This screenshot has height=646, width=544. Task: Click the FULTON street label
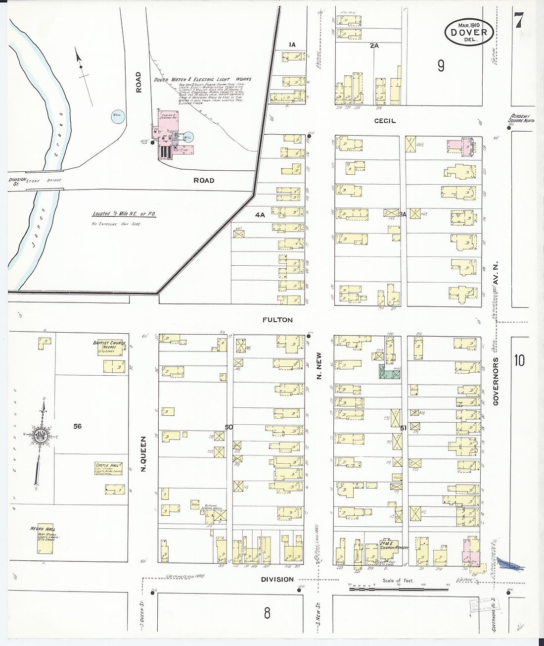(x=278, y=320)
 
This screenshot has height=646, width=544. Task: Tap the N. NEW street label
(x=319, y=367)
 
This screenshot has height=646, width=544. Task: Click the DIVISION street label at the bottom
(x=278, y=579)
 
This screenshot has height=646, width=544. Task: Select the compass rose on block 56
(x=40, y=436)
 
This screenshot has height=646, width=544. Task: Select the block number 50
(x=228, y=427)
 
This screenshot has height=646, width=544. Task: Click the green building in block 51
(x=388, y=372)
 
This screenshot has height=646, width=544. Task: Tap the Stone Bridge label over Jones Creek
(x=49, y=180)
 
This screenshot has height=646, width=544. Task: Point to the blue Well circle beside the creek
(x=118, y=116)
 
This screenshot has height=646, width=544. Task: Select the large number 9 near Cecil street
(x=441, y=66)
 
